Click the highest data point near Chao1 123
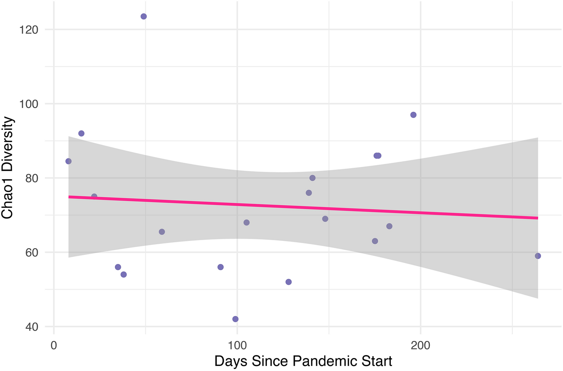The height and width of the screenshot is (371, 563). (x=144, y=16)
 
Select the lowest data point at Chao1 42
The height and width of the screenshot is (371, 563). (x=235, y=319)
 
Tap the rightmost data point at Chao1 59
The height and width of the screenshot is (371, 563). (x=538, y=256)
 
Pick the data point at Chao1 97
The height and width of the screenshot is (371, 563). (x=413, y=115)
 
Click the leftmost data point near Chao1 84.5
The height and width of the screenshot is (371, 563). (x=68, y=161)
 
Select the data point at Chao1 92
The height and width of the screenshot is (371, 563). (x=81, y=133)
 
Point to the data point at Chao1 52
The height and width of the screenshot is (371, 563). (x=288, y=282)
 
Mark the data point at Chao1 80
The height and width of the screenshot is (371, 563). (x=312, y=178)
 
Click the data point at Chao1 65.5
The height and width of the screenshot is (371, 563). (x=162, y=232)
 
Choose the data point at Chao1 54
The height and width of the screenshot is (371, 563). (x=124, y=275)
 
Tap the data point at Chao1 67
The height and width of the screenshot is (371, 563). (x=389, y=226)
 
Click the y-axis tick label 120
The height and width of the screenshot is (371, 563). (x=28, y=30)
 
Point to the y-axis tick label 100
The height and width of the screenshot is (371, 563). (x=28, y=104)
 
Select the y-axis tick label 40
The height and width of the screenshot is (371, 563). (x=31, y=327)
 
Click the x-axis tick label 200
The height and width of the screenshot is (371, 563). (x=420, y=346)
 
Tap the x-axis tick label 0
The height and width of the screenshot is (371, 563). (x=54, y=346)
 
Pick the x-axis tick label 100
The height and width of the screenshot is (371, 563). (x=237, y=346)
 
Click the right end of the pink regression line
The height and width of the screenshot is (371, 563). (x=537, y=218)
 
